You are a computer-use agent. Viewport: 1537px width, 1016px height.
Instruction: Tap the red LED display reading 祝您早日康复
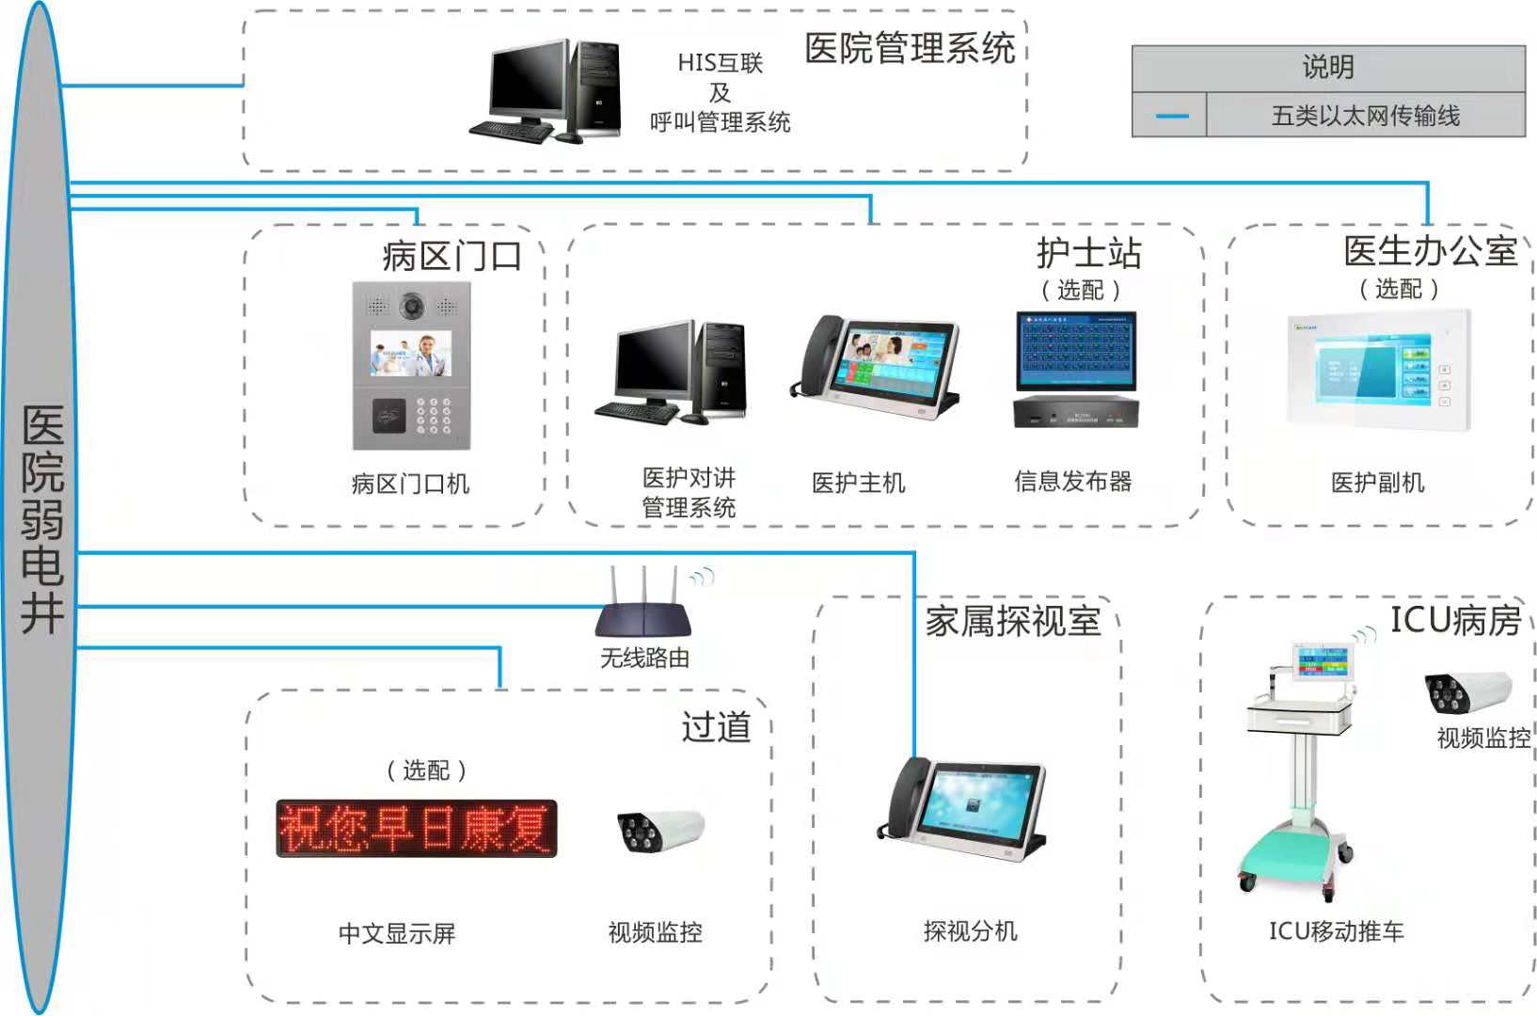(417, 829)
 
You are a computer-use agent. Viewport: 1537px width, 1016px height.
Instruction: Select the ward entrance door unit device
(411, 366)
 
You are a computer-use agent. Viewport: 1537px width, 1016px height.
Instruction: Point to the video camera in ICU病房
(1467, 691)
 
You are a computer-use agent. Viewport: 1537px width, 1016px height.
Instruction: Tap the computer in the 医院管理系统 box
(546, 91)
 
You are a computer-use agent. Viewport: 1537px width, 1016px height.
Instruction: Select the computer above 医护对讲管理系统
(672, 373)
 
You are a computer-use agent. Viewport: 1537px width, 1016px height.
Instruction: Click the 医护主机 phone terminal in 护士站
(875, 367)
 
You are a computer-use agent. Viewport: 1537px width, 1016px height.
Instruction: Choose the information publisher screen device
(1076, 370)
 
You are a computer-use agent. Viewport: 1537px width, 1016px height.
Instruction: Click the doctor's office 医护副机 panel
(1379, 370)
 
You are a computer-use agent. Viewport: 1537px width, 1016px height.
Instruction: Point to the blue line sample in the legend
(1171, 116)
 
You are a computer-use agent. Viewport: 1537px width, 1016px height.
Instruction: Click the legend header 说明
(1328, 68)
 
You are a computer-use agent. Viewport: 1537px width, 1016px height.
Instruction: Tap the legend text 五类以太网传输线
(1366, 116)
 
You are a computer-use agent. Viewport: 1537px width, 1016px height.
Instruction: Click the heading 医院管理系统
(910, 49)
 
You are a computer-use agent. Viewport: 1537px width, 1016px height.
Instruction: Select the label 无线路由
(645, 658)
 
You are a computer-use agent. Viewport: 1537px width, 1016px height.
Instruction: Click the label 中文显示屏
(397, 933)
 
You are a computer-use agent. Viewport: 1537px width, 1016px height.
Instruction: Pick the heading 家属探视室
(1012, 621)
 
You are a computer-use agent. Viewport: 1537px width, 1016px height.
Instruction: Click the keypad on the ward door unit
(434, 416)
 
